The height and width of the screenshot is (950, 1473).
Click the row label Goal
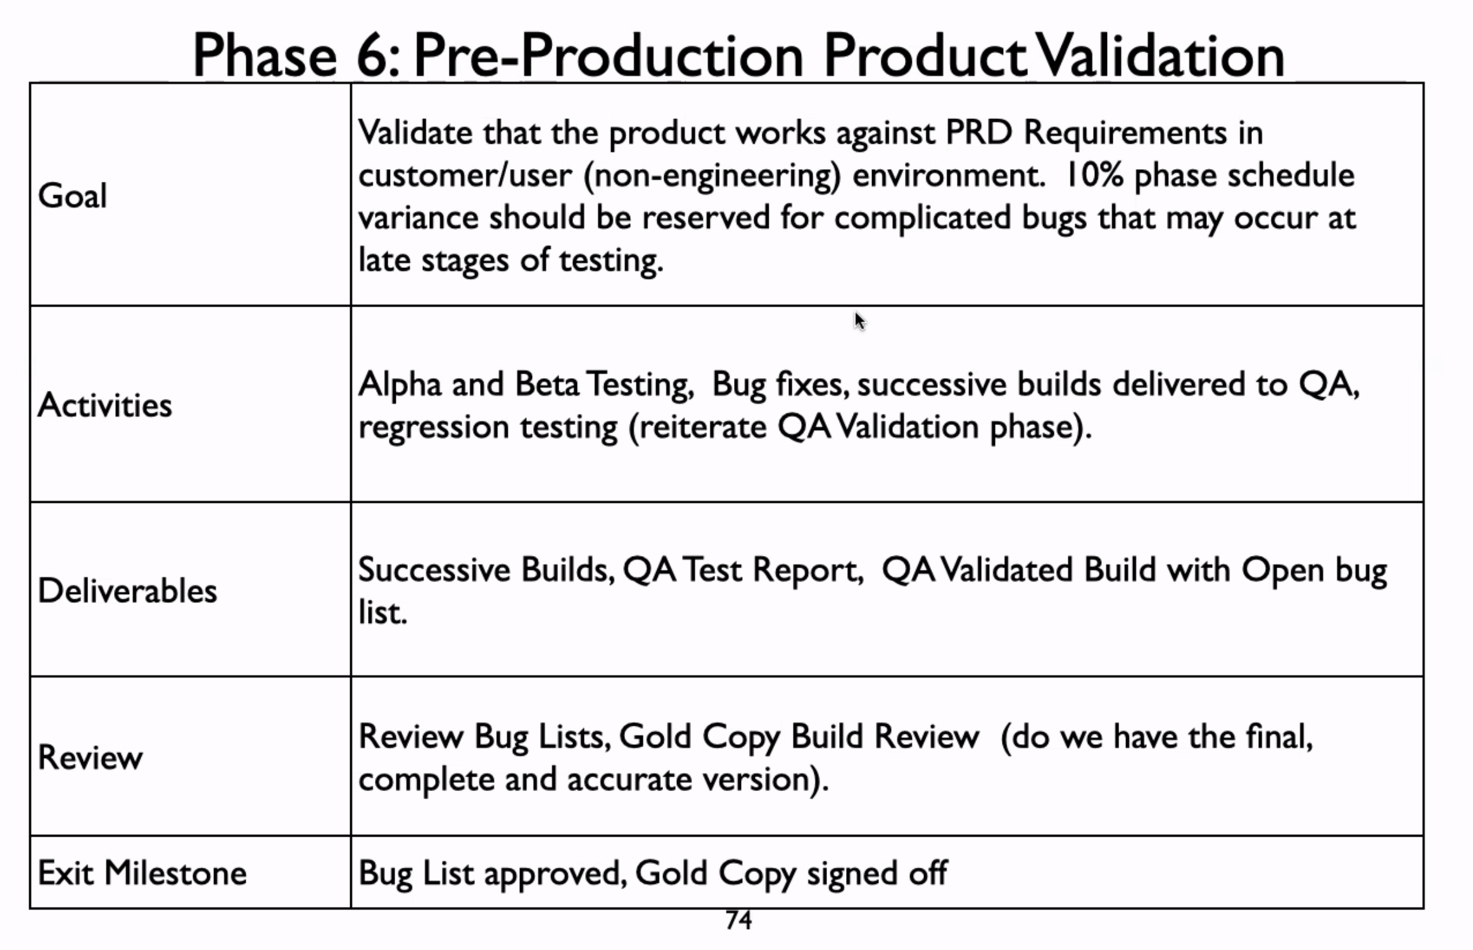coord(72,195)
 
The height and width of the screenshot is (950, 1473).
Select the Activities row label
coord(104,405)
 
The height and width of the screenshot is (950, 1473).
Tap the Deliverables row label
coord(127,590)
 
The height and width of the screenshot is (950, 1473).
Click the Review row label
coord(90,757)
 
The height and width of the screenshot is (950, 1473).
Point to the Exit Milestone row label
coord(142,873)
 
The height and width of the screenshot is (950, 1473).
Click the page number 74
coord(738,920)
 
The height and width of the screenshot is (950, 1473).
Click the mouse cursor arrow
coord(859,321)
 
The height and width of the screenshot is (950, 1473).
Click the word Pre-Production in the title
coord(609,56)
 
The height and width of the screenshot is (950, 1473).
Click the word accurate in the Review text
coord(629,780)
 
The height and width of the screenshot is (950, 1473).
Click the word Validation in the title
coord(1161,56)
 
